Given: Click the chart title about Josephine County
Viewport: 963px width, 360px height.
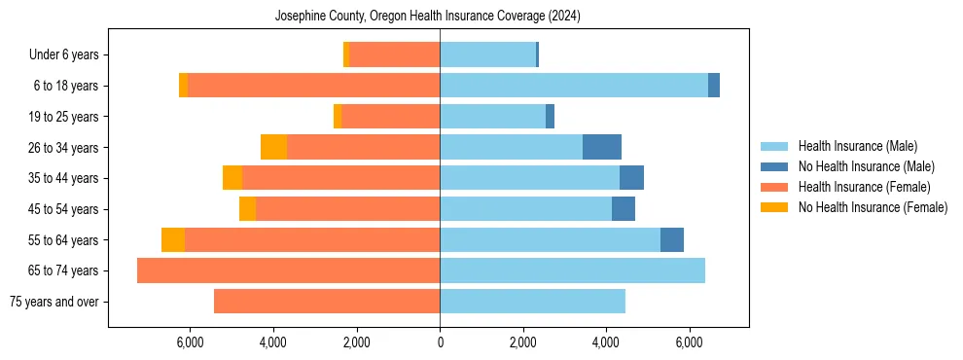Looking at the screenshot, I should pyautogui.click(x=428, y=17).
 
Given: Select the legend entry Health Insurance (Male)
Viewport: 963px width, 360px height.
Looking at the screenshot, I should pyautogui.click(x=857, y=146).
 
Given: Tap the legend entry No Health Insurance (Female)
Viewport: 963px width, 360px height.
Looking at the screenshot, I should pyautogui.click(x=873, y=207).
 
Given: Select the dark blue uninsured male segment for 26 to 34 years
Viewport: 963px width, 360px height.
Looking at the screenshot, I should pyautogui.click(x=602, y=147).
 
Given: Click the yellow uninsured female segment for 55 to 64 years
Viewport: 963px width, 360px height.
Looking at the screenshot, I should pyautogui.click(x=173, y=239).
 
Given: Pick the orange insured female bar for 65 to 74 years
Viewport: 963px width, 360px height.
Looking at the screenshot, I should pyautogui.click(x=288, y=270).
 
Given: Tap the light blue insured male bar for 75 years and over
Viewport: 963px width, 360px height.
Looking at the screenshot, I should pyautogui.click(x=532, y=302).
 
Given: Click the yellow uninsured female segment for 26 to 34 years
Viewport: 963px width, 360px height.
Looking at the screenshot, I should pyautogui.click(x=273, y=147).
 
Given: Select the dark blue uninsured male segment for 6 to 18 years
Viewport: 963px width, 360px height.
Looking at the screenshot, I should pyautogui.click(x=714, y=86).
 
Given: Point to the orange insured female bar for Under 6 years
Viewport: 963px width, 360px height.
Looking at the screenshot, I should pyautogui.click(x=394, y=55).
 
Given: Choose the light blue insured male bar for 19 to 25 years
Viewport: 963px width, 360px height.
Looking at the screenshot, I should pyautogui.click(x=492, y=117).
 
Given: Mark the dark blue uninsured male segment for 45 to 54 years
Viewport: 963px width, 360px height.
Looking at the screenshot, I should pyautogui.click(x=624, y=209).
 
